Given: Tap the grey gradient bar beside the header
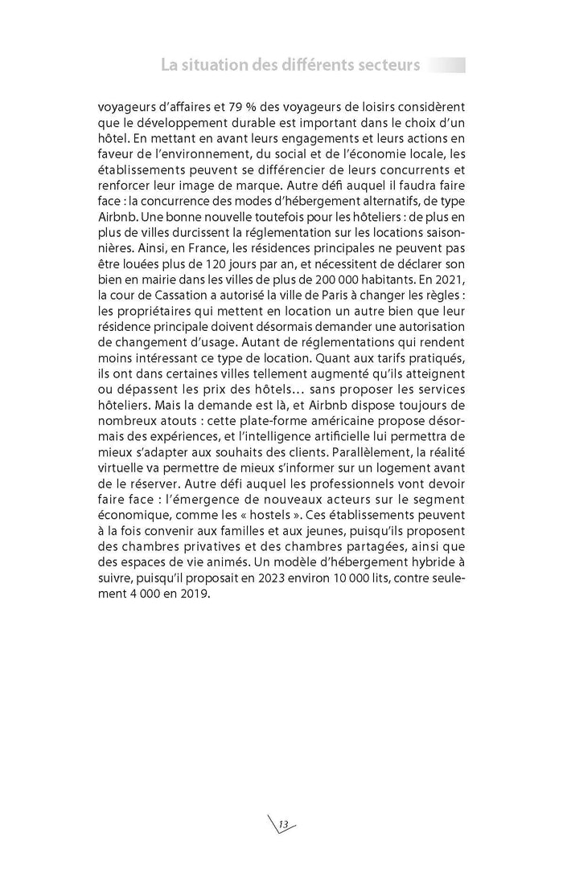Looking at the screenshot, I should click(x=446, y=65).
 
